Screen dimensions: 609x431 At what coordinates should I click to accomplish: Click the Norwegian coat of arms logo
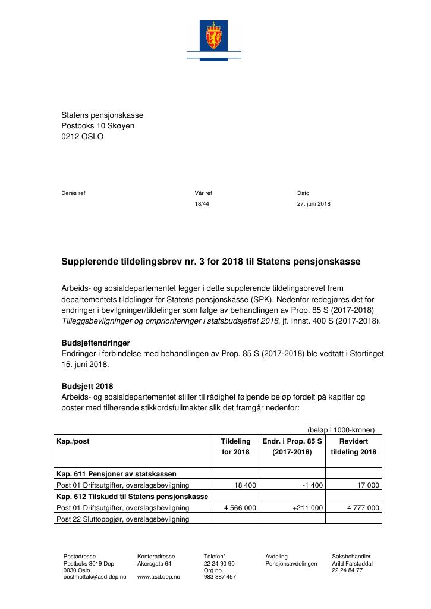point(213,36)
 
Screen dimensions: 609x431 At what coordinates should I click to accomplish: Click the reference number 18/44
point(202,204)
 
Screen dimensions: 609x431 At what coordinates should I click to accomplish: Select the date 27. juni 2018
point(313,204)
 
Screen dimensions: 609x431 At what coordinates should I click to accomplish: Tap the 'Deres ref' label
point(73,193)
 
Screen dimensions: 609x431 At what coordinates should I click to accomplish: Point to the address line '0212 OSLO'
point(82,136)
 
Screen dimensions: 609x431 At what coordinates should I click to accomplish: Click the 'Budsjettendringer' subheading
point(96,343)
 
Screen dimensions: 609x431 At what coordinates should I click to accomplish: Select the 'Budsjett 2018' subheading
point(87,386)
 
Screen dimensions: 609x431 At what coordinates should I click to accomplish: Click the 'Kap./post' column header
point(73,442)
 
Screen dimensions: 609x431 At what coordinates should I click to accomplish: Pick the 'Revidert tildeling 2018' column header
point(354,447)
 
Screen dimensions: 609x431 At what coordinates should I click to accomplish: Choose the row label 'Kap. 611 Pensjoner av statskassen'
point(116,474)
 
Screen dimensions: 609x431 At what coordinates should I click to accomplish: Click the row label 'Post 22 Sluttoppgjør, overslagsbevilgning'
point(122,519)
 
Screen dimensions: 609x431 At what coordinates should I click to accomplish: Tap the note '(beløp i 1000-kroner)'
point(341,429)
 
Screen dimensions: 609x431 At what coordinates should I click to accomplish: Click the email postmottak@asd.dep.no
point(95,577)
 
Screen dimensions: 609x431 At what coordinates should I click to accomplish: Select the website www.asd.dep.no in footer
point(158,577)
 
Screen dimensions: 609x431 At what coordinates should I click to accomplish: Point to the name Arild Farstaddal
point(352,563)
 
